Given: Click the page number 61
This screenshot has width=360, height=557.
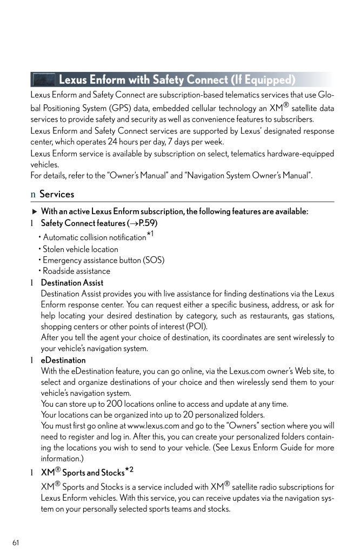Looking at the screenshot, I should pyautogui.click(x=16, y=542).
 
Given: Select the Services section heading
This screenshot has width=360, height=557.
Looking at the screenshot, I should pyautogui.click(x=57, y=194).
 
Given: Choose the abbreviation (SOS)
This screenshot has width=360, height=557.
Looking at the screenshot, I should pyautogui.click(x=154, y=260).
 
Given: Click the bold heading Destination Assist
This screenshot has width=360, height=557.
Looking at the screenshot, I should pyautogui.click(x=72, y=283).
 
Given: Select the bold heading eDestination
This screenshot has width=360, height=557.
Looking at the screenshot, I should pyautogui.click(x=63, y=360).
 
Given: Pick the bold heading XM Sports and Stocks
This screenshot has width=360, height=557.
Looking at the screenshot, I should pyautogui.click(x=83, y=473).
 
